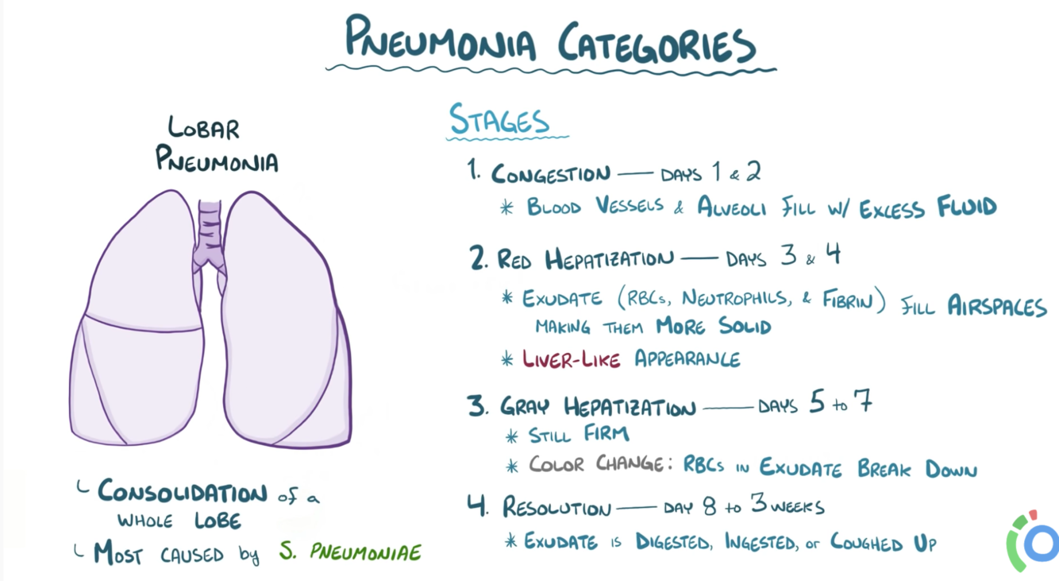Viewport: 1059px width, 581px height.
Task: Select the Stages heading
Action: click(499, 120)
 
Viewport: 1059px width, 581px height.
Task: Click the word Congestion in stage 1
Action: click(550, 174)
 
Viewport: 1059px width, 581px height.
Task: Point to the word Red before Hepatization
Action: click(515, 259)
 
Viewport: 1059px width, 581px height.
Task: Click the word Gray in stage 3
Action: click(525, 407)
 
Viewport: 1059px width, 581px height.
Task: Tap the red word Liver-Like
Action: click(572, 359)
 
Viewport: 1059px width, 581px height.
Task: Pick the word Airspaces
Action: click(997, 307)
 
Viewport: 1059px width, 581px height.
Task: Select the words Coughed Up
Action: click(883, 543)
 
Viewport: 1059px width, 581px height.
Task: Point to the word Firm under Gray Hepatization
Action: click(607, 434)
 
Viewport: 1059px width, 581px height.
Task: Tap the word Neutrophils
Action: click(734, 300)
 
